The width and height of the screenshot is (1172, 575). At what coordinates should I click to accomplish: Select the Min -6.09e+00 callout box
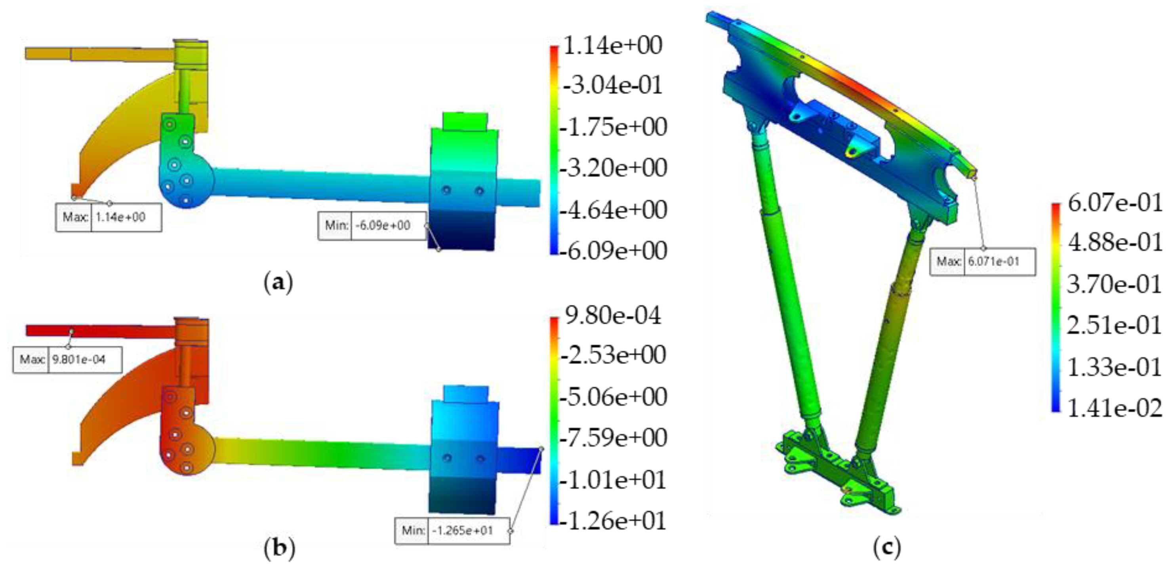click(373, 225)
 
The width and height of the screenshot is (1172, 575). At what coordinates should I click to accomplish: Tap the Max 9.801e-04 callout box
click(67, 360)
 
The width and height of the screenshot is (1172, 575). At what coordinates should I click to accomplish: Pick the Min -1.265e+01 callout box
click(452, 530)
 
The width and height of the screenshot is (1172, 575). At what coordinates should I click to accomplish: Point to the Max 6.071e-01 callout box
click(983, 262)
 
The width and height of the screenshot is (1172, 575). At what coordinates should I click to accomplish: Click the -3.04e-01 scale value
click(612, 86)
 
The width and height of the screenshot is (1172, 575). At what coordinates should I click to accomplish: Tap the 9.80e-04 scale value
click(612, 316)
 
